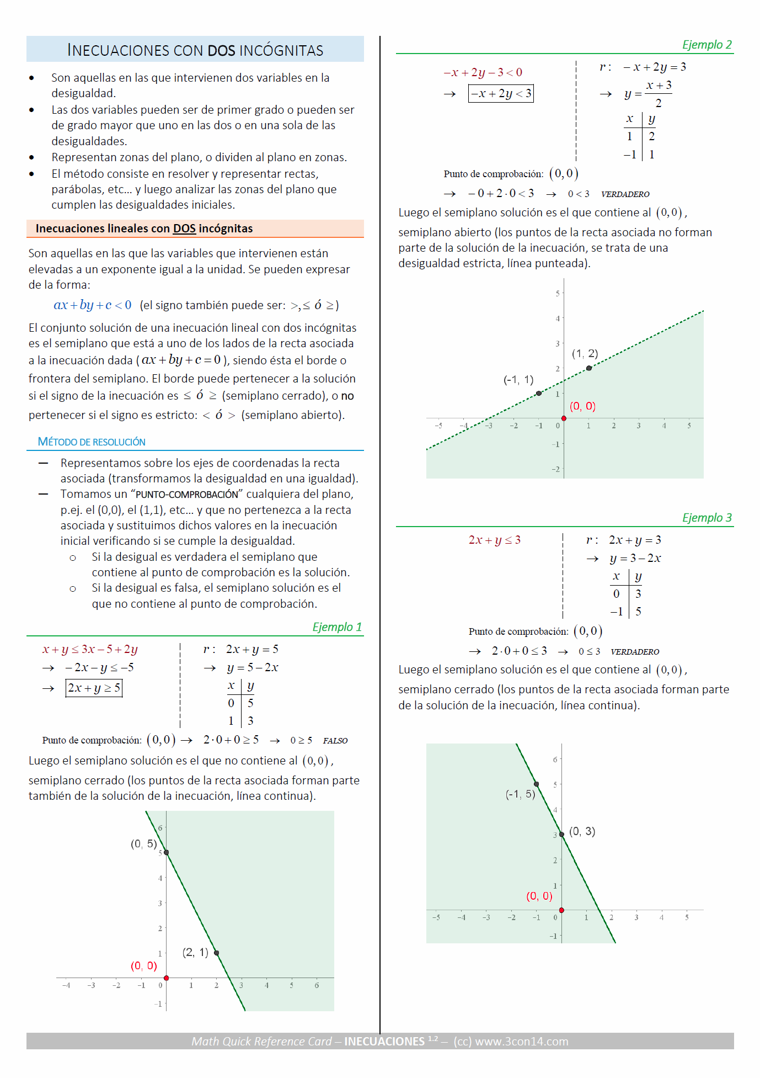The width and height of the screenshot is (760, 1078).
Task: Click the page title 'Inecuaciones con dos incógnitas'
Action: pos(195,50)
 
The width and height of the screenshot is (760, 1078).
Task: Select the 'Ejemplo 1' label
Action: pos(337,627)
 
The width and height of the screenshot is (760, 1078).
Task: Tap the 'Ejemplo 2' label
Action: pos(707,45)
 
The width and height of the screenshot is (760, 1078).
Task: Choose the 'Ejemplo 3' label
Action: pos(707,518)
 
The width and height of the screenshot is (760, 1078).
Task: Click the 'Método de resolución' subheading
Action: pos(92,442)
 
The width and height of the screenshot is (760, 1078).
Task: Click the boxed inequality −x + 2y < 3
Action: pos(501,94)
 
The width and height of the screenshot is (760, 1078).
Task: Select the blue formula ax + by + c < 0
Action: pos(92,305)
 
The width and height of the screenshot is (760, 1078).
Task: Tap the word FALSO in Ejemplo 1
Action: pos(335,741)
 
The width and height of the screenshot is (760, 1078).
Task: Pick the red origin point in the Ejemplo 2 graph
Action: pos(564,418)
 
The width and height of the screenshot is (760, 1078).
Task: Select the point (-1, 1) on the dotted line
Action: pos(539,394)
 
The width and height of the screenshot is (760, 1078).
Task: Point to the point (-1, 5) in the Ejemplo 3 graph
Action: pos(536,784)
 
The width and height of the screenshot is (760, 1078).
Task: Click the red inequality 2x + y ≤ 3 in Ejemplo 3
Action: pos(494,540)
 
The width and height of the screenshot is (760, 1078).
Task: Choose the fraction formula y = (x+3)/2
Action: pos(648,94)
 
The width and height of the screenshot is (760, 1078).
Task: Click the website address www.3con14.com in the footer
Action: pos(521,1042)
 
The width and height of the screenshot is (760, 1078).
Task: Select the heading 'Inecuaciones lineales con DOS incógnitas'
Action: pos(144,229)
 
